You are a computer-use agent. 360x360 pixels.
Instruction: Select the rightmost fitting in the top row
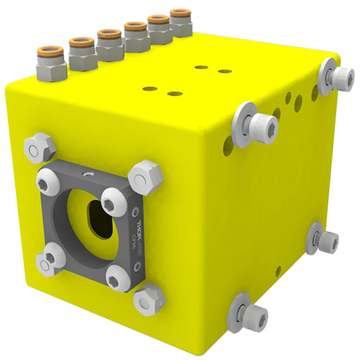(x=179, y=19)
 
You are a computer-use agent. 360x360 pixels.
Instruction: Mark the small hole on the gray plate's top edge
(x=87, y=174)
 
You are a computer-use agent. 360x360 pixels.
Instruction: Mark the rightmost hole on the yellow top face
(x=225, y=71)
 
